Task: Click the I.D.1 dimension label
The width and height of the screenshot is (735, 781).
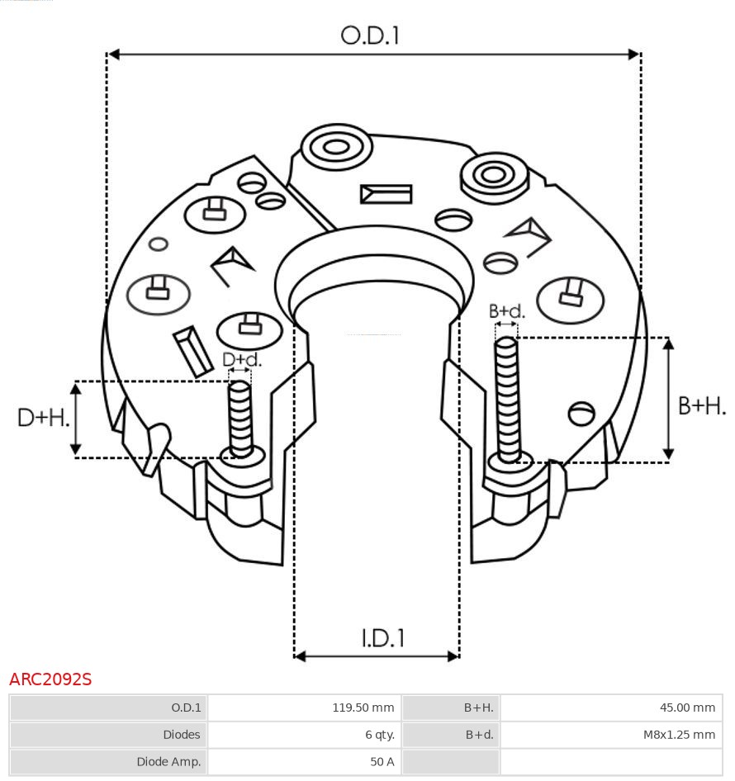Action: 382,637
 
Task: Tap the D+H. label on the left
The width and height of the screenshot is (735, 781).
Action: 43,418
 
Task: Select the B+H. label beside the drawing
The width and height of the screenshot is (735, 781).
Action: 702,405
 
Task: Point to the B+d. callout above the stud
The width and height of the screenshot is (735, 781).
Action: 506,311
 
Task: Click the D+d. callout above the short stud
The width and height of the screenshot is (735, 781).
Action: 241,360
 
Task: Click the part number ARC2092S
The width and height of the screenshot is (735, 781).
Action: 50,679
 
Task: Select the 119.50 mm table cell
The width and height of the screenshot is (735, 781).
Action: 304,708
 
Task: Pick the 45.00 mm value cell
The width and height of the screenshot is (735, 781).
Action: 611,708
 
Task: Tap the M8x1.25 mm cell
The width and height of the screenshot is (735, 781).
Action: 611,735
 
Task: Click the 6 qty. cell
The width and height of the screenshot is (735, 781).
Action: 304,735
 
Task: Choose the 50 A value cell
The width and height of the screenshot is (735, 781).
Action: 304,762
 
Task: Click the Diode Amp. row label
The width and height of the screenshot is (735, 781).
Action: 108,762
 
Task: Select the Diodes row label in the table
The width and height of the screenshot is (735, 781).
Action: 108,735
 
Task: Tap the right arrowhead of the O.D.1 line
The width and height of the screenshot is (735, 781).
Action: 634,54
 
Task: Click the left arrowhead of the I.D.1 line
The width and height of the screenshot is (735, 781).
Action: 300,656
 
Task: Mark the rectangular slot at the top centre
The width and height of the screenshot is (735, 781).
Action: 386,194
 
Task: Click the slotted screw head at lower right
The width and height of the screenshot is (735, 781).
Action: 582,413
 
